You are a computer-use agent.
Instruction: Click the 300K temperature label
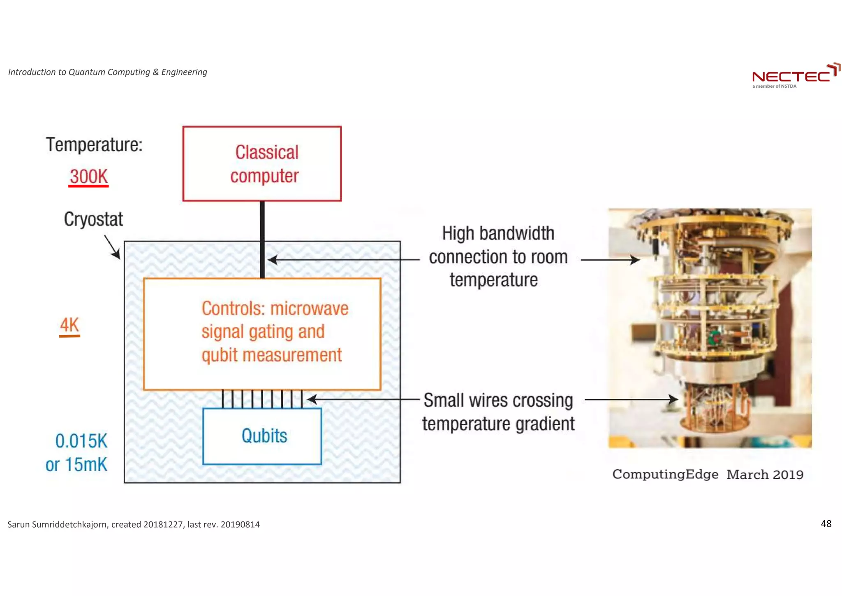pos(88,177)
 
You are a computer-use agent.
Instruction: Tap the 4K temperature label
pos(69,325)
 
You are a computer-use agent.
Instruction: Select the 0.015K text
pos(81,441)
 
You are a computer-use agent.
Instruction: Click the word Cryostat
pos(93,219)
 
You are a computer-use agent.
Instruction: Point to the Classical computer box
pos(262,164)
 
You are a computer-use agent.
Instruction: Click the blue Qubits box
pos(262,436)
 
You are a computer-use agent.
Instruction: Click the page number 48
pos(826,524)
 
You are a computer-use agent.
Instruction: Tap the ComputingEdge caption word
pos(665,474)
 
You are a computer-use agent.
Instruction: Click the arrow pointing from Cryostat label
pos(112,247)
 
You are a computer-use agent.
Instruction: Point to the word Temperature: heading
pos(94,145)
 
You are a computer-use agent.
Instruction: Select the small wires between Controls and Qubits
pos(262,399)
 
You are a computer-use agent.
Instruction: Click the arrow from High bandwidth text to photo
pos(610,260)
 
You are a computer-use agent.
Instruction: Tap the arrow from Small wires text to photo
pos(631,399)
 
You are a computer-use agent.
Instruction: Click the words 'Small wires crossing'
pos(498,400)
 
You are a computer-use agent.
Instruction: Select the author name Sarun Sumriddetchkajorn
pos(58,524)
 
